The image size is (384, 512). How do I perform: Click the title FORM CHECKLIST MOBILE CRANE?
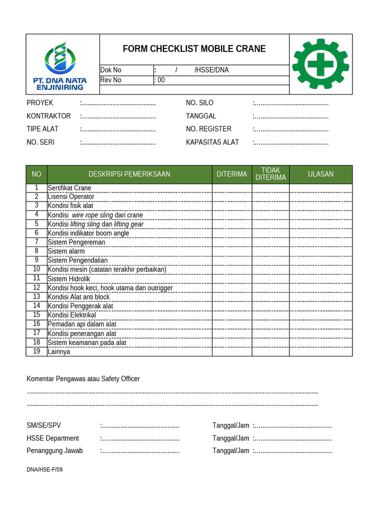point(194,48)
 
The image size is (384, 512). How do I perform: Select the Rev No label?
point(111,79)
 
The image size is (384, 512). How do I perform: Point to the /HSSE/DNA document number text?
point(211,70)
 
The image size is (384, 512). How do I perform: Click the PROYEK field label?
point(40,102)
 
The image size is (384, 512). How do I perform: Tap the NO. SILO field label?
point(199,102)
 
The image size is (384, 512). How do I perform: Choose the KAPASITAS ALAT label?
point(212,142)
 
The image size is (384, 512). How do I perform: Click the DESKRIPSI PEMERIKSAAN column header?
point(129,174)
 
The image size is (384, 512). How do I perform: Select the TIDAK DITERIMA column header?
point(270,174)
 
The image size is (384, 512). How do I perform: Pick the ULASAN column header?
point(320,174)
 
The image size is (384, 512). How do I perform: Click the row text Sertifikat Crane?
point(69,188)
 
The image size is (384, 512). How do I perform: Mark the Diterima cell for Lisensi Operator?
point(231,196)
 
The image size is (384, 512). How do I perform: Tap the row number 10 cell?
point(36,269)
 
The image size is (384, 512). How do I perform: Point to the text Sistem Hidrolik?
point(69,278)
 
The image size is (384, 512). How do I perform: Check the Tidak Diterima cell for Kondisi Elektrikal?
point(270,315)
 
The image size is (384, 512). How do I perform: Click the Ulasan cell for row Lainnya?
point(320,351)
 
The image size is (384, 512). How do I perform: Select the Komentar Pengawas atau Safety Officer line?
point(83,378)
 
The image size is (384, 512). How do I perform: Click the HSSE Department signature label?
point(52,438)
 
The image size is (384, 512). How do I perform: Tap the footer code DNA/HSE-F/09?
point(44,469)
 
